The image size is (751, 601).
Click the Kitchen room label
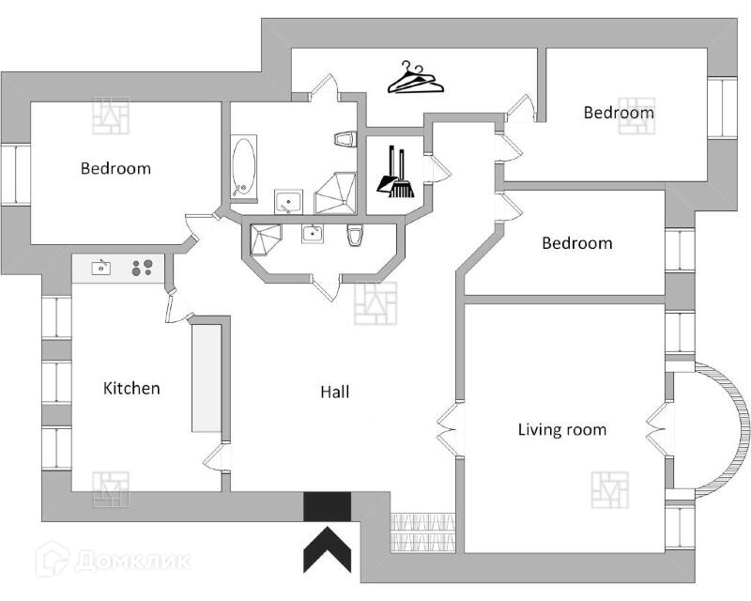131,388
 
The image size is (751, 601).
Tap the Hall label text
334,392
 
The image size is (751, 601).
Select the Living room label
562,430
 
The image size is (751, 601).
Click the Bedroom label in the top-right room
619,113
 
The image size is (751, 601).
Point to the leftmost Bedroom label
115,169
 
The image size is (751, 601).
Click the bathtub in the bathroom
244,168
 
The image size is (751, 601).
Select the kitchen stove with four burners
143,268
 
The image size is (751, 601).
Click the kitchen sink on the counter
100,269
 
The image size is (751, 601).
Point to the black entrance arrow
327,550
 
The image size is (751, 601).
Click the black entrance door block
327,507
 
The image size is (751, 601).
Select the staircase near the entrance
422,532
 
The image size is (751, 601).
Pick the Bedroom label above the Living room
576,243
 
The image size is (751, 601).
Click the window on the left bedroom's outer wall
15,173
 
